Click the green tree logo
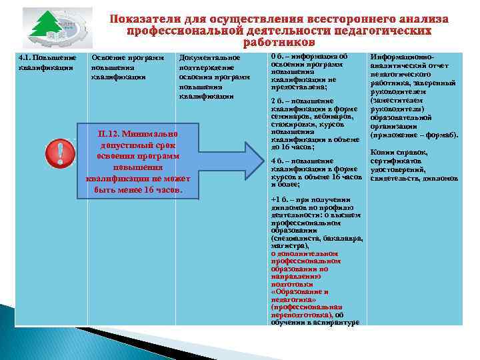pyautogui.click(x=49, y=30)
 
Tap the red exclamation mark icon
pyautogui.click(x=60, y=154)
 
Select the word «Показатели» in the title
pyautogui.click(x=146, y=19)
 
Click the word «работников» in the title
pyautogui.click(x=279, y=43)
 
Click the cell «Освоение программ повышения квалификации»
pyautogui.click(x=127, y=67)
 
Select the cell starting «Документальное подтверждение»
pyautogui.click(x=214, y=77)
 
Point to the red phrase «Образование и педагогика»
pyautogui.click(x=299, y=296)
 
